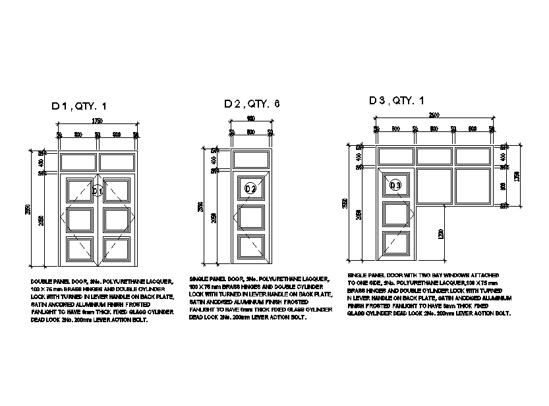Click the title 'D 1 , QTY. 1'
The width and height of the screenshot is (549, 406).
[78, 106]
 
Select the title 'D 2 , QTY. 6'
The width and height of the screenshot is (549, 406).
[252, 104]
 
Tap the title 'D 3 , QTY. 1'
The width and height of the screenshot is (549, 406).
[397, 100]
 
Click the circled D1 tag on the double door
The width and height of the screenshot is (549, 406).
[98, 191]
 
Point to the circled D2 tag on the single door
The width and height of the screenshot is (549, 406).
[250, 189]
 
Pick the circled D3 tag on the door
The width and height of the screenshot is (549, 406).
[395, 186]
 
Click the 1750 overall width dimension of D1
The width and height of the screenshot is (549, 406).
[97, 121]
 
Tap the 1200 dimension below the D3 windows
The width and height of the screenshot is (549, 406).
[440, 233]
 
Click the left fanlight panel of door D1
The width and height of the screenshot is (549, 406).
[78, 162]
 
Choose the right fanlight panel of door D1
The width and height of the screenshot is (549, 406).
[117, 162]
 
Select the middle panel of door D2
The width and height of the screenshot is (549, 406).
[251, 217]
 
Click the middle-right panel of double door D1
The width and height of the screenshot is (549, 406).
[116, 219]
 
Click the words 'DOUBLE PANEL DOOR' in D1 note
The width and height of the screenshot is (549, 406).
[57, 281]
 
